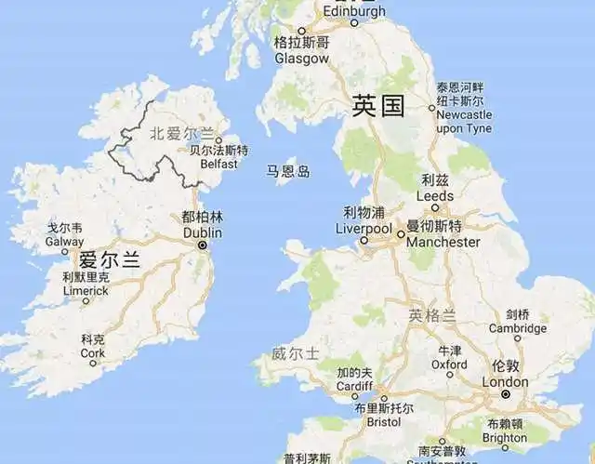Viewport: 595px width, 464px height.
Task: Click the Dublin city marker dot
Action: pyautogui.click(x=202, y=245)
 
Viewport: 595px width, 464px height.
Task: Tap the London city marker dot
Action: pyautogui.click(x=505, y=394)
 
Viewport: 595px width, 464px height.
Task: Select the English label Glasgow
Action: pyautogui.click(x=301, y=58)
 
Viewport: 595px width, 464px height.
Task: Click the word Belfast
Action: pyautogui.click(x=218, y=164)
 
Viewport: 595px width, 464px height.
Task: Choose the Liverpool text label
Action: pyautogui.click(x=364, y=229)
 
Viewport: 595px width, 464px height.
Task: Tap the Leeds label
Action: pyautogui.click(x=435, y=196)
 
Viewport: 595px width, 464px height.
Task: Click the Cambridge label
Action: pyautogui.click(x=518, y=328)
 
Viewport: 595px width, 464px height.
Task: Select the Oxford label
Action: pyautogui.click(x=449, y=365)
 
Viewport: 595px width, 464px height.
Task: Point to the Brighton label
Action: pyautogui.click(x=505, y=437)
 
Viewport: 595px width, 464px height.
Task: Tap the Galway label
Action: pyautogui.click(x=64, y=242)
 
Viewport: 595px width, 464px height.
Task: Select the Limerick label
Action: pyautogui.click(x=86, y=291)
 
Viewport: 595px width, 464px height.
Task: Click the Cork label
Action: pyautogui.click(x=93, y=353)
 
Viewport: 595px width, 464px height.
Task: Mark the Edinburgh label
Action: pyautogui.click(x=353, y=11)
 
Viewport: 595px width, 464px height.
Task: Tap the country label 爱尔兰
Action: pyautogui.click(x=109, y=259)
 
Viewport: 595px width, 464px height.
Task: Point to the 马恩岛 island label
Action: pyautogui.click(x=288, y=171)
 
